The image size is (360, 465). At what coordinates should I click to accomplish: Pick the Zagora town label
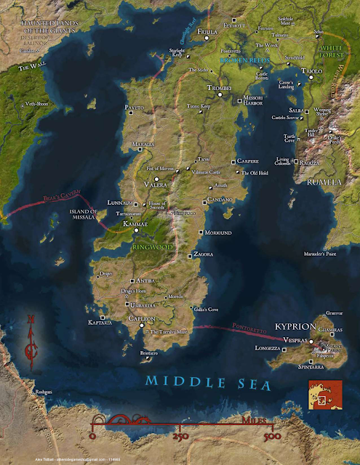(205, 256)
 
